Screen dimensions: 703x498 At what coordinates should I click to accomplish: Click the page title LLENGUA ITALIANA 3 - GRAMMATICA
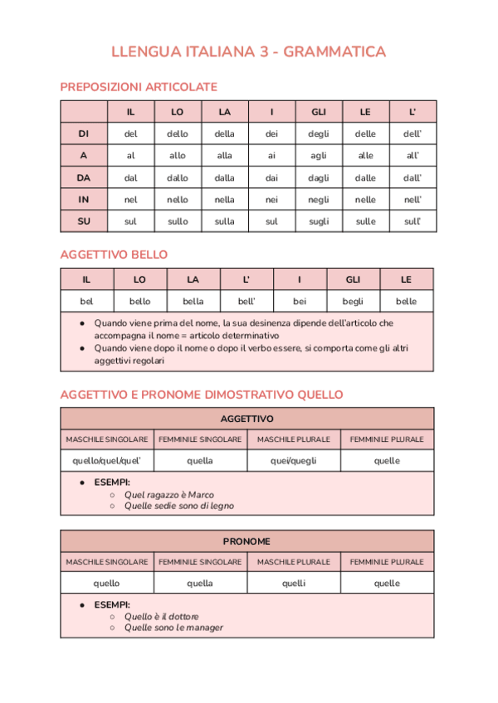(x=249, y=52)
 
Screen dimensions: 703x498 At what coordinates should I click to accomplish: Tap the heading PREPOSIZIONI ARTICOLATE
(x=139, y=86)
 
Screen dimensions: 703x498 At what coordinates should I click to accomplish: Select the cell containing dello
(x=178, y=133)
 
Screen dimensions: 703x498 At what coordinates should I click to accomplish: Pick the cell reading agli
(x=319, y=155)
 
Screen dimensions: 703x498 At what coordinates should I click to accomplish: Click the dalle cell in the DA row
(x=365, y=177)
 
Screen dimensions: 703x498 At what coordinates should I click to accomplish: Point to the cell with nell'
(x=413, y=200)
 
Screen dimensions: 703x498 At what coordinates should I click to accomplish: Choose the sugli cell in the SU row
(x=319, y=221)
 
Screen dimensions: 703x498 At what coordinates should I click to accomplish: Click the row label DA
(x=84, y=177)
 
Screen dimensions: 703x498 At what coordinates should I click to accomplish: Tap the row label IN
(x=84, y=200)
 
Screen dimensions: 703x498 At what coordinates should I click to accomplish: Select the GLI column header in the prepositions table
(x=319, y=112)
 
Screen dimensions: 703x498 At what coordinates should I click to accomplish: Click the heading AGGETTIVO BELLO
(x=114, y=255)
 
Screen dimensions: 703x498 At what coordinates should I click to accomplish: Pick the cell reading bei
(x=300, y=302)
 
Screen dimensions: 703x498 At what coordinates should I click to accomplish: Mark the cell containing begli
(x=353, y=302)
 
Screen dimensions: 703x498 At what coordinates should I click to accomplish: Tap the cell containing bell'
(x=247, y=302)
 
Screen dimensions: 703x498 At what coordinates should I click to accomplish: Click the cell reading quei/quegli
(x=294, y=461)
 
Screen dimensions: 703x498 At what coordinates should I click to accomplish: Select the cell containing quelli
(x=294, y=584)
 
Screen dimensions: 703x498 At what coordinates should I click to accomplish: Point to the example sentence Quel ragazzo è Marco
(x=169, y=495)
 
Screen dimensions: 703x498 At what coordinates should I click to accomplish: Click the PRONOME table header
(x=247, y=541)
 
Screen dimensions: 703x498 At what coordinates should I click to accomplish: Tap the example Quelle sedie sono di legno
(x=179, y=506)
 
